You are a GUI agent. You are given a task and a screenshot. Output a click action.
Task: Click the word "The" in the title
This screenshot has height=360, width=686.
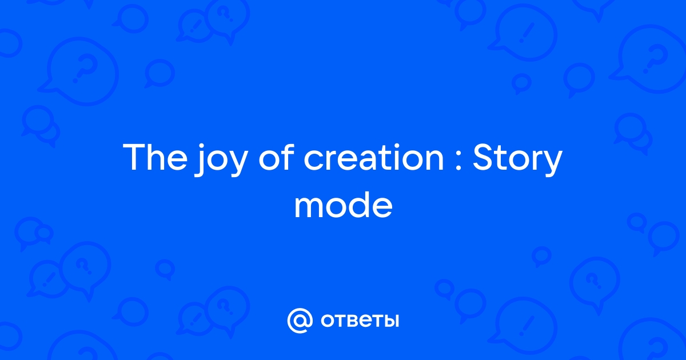[155, 157]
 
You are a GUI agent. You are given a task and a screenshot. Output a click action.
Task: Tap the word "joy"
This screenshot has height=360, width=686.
[221, 160]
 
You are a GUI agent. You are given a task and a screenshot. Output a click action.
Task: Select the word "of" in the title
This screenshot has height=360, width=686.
[277, 157]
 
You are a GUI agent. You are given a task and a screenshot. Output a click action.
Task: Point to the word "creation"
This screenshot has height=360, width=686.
[374, 157]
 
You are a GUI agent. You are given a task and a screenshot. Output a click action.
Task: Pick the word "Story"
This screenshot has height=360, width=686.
[517, 160]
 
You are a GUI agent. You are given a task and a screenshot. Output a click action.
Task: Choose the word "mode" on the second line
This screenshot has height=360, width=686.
[344, 205]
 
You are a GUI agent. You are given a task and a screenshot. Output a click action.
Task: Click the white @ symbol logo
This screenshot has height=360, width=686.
[300, 321]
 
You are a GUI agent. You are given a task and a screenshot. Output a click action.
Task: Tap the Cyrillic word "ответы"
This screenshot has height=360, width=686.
[360, 321]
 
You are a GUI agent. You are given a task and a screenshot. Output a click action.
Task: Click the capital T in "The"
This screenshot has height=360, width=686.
[134, 157]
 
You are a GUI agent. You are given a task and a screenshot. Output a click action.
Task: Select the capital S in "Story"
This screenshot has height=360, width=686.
[482, 157]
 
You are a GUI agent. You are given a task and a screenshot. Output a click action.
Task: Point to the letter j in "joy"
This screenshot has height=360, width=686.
[200, 161]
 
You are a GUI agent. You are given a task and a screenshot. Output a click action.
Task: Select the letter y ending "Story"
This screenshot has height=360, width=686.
[552, 163]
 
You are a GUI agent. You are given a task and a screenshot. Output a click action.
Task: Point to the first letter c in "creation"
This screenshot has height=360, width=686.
[314, 160]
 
